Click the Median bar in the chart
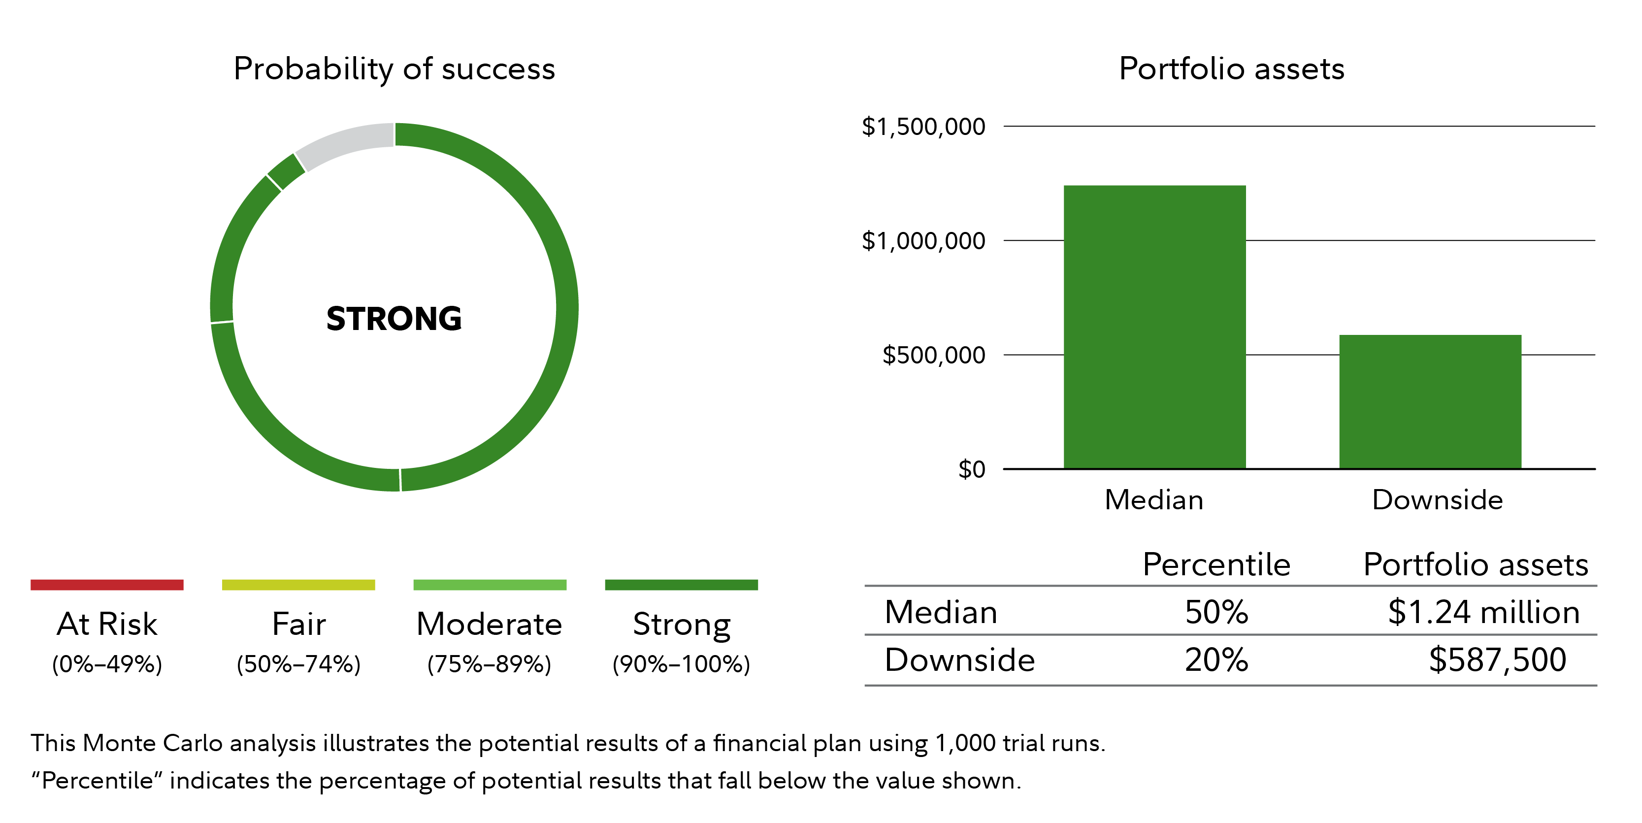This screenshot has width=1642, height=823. [1154, 327]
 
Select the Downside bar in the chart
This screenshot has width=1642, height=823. [1430, 401]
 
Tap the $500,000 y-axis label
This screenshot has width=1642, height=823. [934, 355]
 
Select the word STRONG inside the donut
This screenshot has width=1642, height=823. [394, 318]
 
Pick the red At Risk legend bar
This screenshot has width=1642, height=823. [107, 585]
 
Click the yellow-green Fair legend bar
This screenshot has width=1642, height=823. [298, 585]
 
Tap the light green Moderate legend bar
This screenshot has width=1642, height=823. [490, 585]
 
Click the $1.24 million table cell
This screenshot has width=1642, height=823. [1484, 612]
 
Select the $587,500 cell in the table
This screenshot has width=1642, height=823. [1497, 660]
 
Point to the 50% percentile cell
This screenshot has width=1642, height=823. [1216, 612]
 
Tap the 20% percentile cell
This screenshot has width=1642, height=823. [1216, 660]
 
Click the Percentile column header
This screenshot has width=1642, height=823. [1216, 564]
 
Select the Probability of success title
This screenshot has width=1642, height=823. [394, 69]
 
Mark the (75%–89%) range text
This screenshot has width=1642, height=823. [490, 664]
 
